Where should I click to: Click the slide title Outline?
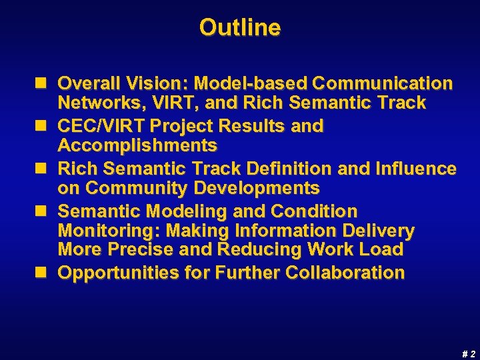click(240, 28)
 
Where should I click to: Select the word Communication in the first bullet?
click(383, 83)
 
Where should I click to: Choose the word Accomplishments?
click(137, 145)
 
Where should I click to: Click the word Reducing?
click(288, 250)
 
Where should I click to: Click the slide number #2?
click(469, 354)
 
